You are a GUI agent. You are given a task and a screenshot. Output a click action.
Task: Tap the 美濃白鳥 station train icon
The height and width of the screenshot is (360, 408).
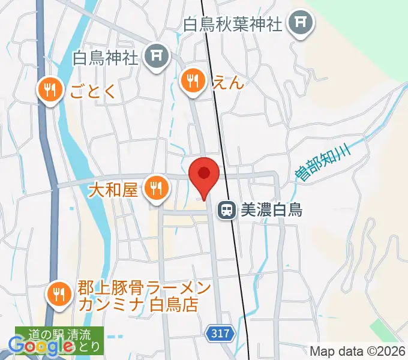[227, 209]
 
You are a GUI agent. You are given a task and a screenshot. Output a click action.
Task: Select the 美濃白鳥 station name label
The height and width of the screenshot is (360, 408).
[271, 210]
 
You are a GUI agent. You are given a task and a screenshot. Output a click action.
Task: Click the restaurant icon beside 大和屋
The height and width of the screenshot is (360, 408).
[156, 190]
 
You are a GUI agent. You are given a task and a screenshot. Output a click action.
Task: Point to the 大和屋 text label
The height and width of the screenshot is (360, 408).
[113, 191]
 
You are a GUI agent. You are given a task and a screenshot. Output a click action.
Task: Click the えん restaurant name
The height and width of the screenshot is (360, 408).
[228, 82]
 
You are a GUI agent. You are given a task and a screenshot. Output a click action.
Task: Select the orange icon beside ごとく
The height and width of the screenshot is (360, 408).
[49, 90]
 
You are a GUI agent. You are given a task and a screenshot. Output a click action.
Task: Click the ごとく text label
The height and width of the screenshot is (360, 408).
[91, 91]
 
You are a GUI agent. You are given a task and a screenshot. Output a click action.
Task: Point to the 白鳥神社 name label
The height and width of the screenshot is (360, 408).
[106, 58]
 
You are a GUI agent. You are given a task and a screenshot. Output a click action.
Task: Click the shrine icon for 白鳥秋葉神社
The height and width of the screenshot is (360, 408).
[298, 24]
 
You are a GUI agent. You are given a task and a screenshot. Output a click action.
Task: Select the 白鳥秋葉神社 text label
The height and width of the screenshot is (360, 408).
[233, 25]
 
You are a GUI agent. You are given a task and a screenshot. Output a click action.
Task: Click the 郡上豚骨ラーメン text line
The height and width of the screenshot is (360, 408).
[144, 289]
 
